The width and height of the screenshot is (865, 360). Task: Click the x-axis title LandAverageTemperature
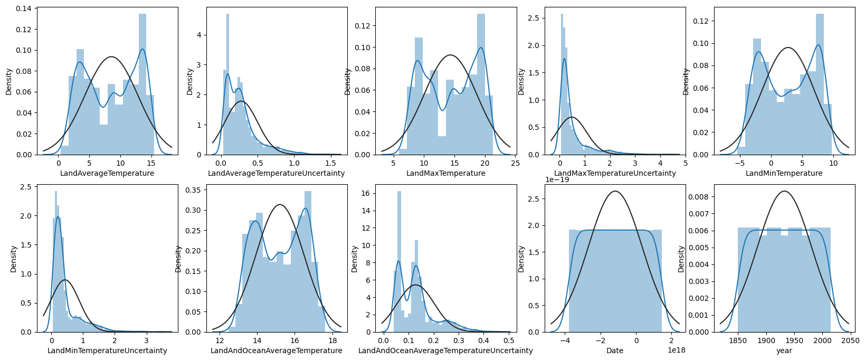coord(107,173)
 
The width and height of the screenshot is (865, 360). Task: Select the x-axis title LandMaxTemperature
coord(446,173)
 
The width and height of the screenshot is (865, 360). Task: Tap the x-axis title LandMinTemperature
coord(784,173)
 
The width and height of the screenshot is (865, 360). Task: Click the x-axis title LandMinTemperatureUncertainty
coord(107,350)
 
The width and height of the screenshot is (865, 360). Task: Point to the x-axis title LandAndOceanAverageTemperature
coord(277,350)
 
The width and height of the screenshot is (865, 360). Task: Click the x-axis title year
coord(784,350)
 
